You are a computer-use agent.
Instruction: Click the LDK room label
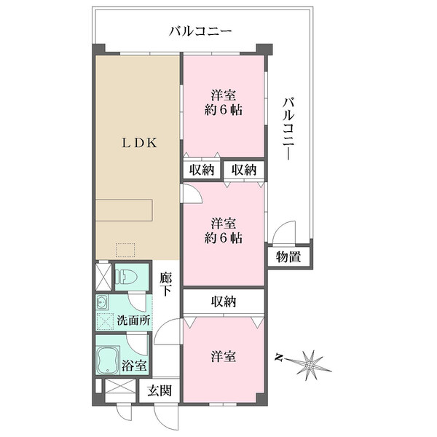139,143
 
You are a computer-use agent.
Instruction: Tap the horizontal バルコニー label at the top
200,31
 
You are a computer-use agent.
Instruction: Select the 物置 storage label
288,256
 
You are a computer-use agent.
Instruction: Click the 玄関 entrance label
160,390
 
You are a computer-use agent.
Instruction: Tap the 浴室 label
134,365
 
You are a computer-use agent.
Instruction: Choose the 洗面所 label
134,320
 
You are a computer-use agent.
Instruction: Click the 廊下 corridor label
166,284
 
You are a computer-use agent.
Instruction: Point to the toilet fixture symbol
127,277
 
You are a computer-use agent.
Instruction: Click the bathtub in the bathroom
108,361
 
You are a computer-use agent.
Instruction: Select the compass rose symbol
310,366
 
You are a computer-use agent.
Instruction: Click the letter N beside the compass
279,357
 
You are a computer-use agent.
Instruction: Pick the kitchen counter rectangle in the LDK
125,210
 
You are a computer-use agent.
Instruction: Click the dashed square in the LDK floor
125,250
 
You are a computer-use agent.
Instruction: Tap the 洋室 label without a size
224,357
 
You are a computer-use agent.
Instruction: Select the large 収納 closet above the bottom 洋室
224,302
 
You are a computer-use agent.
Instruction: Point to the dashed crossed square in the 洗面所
106,321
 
